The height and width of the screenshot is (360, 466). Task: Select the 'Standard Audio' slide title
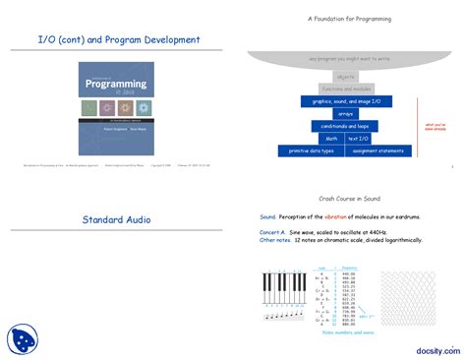tap(116, 218)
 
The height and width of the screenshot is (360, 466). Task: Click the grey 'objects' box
tap(345, 76)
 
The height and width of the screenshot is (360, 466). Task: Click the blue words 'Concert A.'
tap(275, 232)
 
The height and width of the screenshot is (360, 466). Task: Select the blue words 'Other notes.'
tap(278, 240)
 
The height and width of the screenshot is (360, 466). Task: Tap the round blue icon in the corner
tap(22, 338)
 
